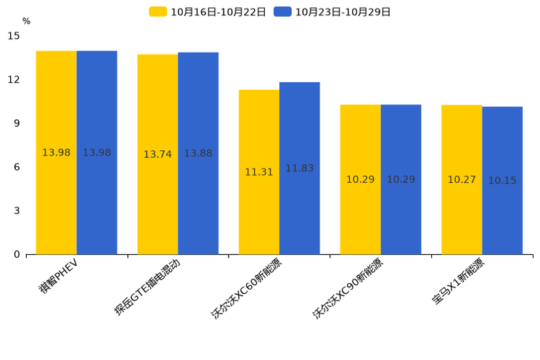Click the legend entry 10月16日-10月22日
coord(208,12)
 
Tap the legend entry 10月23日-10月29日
coord(333,12)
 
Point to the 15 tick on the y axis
coord(14,36)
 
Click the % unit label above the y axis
coord(26,22)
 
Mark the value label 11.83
coord(300,168)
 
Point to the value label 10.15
coord(502,181)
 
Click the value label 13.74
coord(157,155)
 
